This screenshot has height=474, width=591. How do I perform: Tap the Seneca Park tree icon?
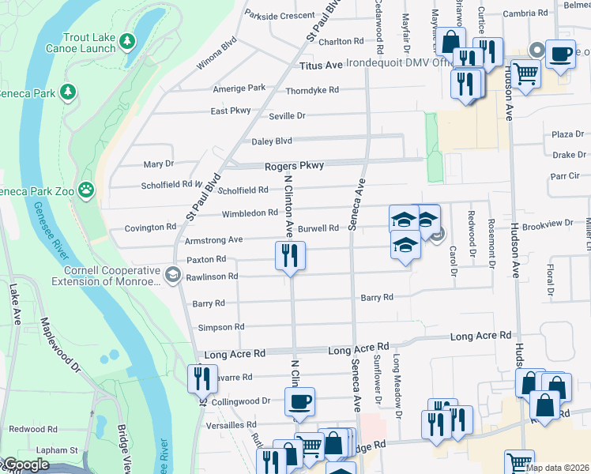coord(69,92)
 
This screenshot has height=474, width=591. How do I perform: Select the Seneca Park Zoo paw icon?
coord(85,190)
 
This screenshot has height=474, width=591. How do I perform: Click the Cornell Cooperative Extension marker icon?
coord(172,274)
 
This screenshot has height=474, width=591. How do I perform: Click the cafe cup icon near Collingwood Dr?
coord(300,401)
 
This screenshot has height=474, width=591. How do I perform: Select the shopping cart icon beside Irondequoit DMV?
coord(525,73)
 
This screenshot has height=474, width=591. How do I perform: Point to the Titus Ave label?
coord(321,66)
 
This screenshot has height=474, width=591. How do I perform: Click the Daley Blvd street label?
coord(272,141)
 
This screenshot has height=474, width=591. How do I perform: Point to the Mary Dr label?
coord(158,164)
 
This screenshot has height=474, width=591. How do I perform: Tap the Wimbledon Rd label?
coord(250,213)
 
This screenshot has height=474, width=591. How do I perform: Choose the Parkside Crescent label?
coord(279,15)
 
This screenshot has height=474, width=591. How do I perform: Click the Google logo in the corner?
coord(25,465)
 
